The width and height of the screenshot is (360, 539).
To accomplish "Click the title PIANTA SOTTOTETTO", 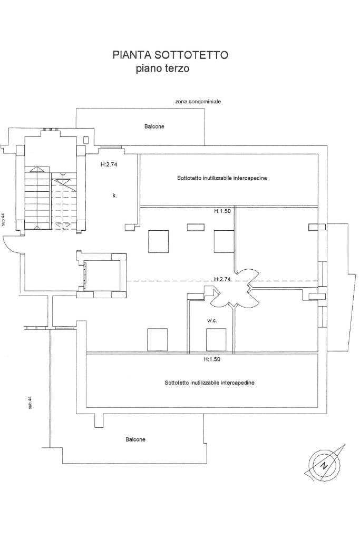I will pyautogui.click(x=170, y=55).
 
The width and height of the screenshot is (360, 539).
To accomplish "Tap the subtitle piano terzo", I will pyautogui.click(x=162, y=68).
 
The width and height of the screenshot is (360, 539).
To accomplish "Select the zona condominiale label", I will pyautogui.click(x=198, y=101).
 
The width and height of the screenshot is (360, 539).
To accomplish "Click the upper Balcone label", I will pyautogui.click(x=154, y=126).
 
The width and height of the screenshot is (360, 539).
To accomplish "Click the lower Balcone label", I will pyautogui.click(x=135, y=439).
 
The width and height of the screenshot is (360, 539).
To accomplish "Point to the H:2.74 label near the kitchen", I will pyautogui.click(x=108, y=164).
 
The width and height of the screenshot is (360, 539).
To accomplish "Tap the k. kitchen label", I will pyautogui.click(x=114, y=195).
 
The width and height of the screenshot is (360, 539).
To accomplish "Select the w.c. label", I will pyautogui.click(x=212, y=320).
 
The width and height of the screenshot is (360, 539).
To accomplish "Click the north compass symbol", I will pyautogui.click(x=324, y=464).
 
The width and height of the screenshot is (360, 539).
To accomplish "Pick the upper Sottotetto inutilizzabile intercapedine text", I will pyautogui.click(x=222, y=178).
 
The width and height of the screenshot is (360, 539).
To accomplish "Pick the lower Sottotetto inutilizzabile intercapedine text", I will pyautogui.click(x=209, y=383).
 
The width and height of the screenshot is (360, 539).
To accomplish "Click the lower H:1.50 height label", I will pyautogui.click(x=212, y=359).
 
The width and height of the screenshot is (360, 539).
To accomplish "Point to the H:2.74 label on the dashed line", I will pyautogui.click(x=223, y=279).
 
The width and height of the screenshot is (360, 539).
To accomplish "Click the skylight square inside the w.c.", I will pyautogui.click(x=217, y=339).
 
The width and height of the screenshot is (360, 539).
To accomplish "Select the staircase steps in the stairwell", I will pyautogui.click(x=37, y=198).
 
